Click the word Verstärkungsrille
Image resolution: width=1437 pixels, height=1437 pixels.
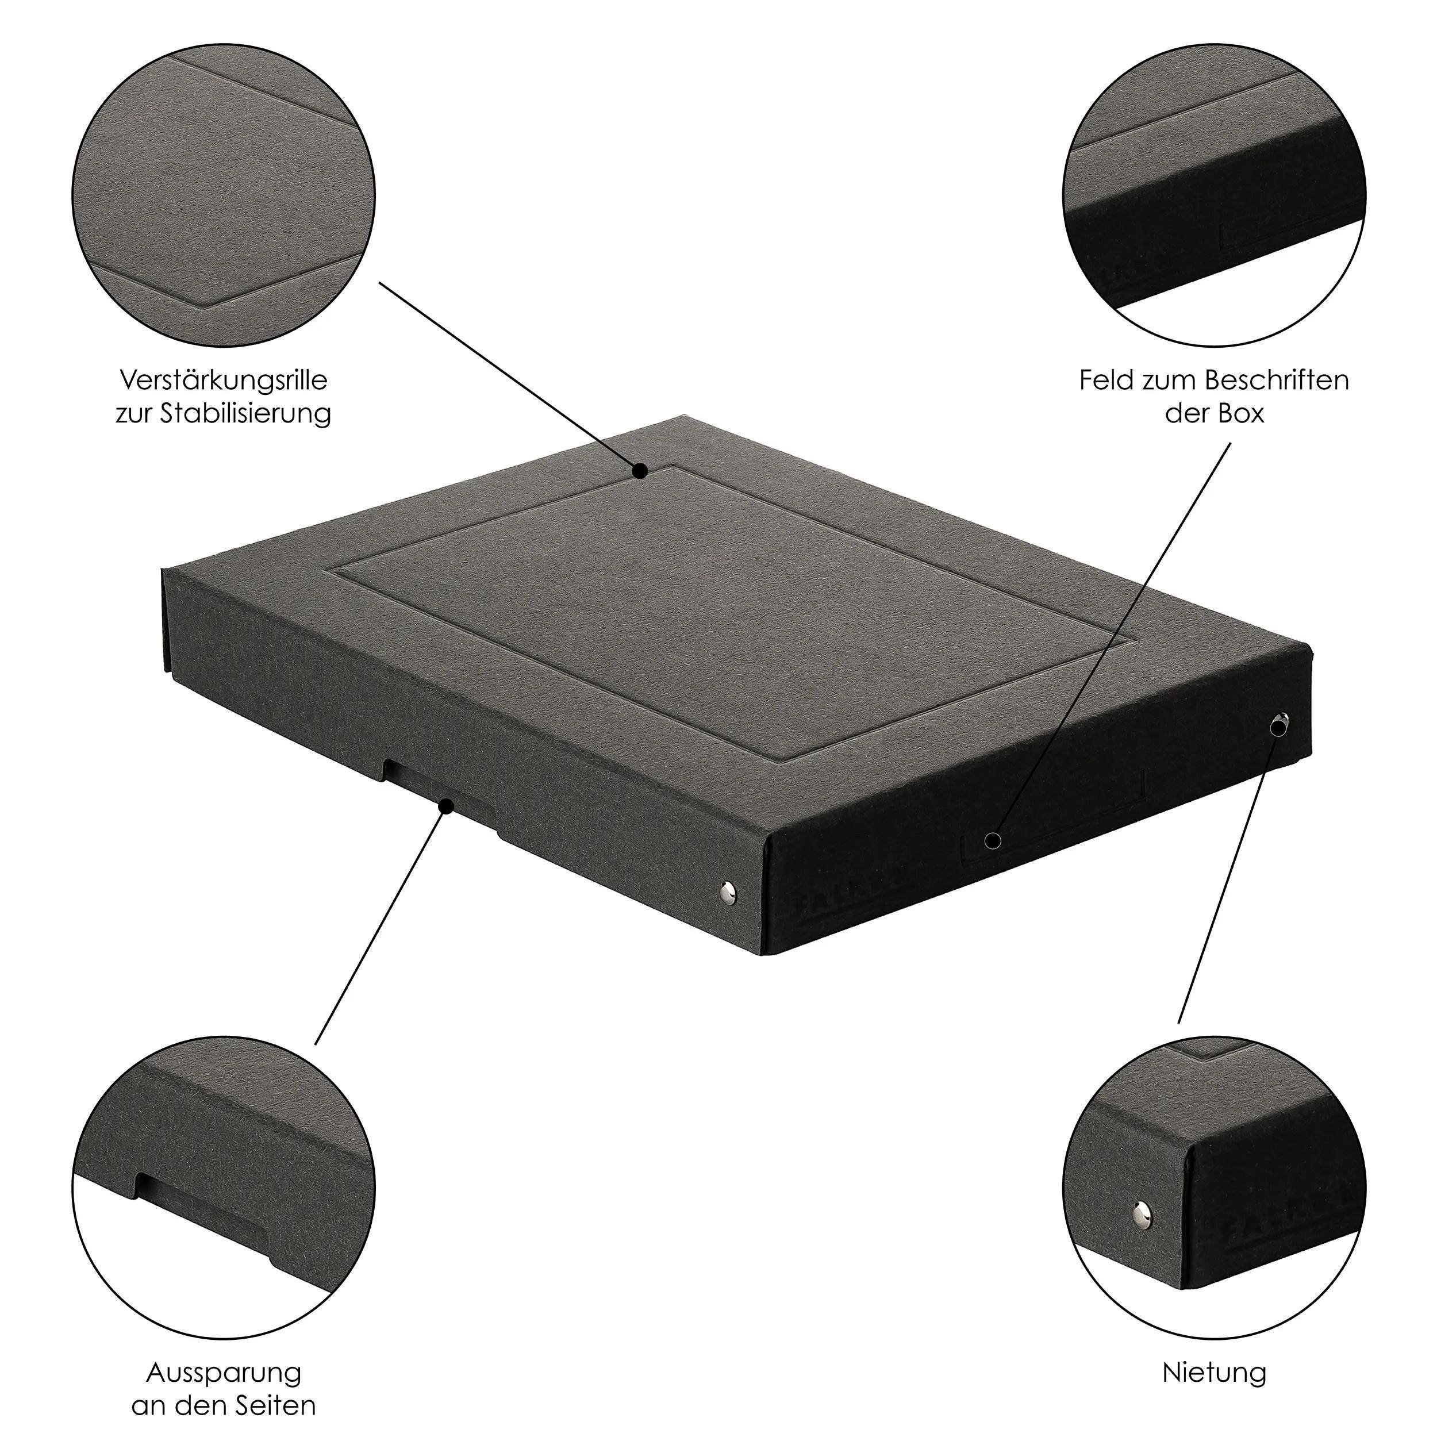(x=223, y=381)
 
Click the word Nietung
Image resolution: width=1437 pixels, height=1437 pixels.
(x=1214, y=1352)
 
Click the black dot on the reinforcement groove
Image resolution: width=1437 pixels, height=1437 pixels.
(x=640, y=471)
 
